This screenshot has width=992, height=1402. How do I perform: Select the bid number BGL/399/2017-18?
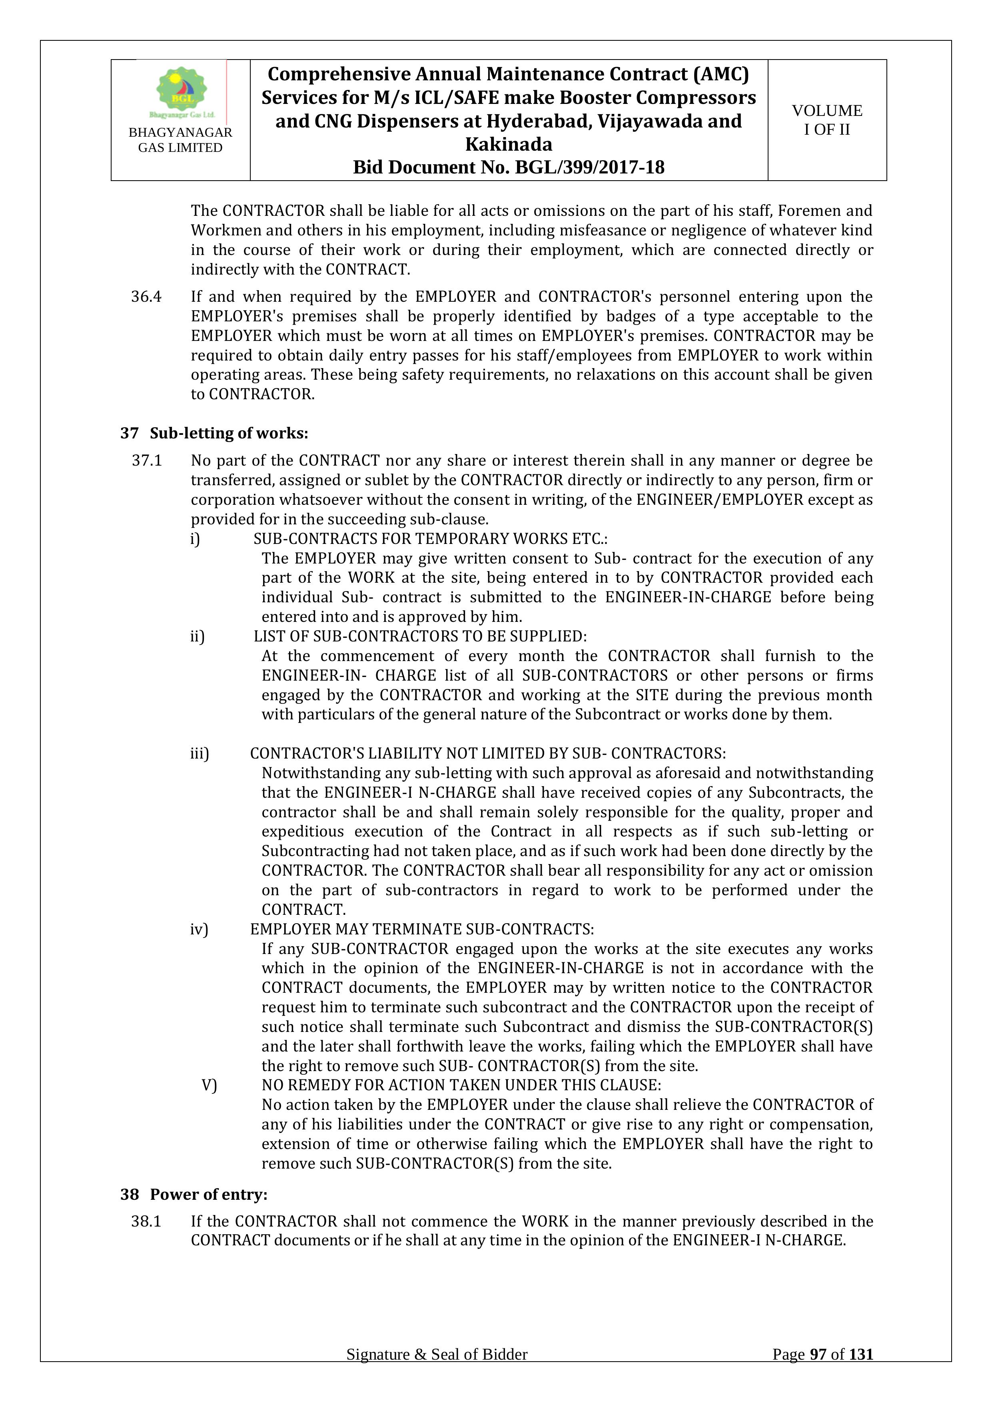(x=589, y=167)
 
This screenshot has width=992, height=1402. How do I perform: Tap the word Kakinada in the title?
(x=508, y=144)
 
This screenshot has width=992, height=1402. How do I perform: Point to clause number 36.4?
(x=147, y=297)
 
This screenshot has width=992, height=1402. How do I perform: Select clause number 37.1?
(x=147, y=460)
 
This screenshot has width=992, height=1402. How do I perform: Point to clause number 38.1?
(x=147, y=1221)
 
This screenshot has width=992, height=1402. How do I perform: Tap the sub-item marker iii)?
(x=199, y=753)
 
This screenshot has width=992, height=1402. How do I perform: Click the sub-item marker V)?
(x=209, y=1085)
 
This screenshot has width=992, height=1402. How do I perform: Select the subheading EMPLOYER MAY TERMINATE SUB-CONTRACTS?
(x=421, y=929)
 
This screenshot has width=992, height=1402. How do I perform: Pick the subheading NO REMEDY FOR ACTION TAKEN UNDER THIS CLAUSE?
(x=461, y=1085)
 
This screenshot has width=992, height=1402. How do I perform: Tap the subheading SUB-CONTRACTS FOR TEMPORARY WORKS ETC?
(x=431, y=539)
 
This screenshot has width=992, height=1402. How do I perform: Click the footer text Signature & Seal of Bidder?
(x=437, y=1372)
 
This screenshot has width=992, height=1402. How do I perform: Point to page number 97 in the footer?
(x=817, y=1372)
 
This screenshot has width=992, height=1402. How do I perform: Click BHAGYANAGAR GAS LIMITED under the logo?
(x=180, y=140)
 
